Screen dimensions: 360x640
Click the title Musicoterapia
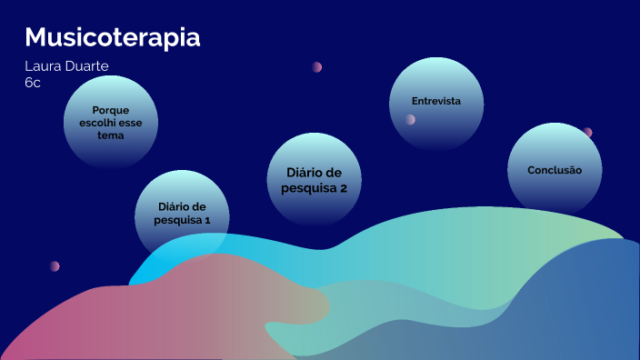tap(113, 38)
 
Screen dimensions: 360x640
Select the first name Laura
tap(45, 67)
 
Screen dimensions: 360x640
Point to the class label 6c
tap(33, 82)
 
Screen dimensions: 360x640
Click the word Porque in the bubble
tap(111, 109)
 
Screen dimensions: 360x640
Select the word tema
tap(111, 135)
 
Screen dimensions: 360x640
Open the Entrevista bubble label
tap(436, 101)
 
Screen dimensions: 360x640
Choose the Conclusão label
tap(554, 170)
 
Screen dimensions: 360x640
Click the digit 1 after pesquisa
tap(207, 220)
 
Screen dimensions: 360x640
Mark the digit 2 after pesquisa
tap(344, 189)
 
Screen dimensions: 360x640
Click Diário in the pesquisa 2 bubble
tap(314, 173)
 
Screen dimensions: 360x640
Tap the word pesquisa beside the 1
tap(178, 220)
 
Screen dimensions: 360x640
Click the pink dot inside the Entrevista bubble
tap(411, 119)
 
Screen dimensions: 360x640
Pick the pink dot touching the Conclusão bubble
tap(587, 133)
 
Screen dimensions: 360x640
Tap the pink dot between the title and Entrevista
tap(317, 66)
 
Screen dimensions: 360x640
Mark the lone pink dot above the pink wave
tap(55, 266)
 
